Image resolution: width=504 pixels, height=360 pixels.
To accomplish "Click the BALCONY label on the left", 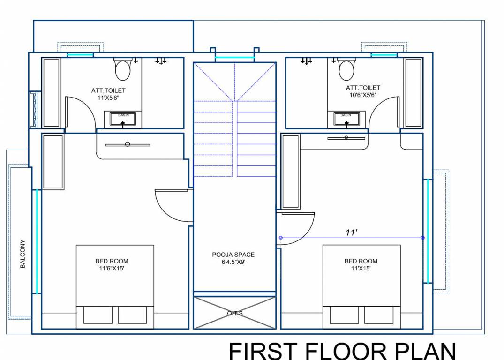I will point(23,254).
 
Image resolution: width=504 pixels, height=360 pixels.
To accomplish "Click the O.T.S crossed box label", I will point(235,313).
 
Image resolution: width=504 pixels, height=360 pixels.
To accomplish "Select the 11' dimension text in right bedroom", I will point(352,232).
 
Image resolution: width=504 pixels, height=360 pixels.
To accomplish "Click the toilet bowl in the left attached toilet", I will point(123,70).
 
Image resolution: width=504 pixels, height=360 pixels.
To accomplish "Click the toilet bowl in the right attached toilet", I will point(346,70).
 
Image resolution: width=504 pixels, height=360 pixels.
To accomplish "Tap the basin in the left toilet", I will point(123,119).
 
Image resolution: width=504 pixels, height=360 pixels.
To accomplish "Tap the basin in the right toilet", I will point(346,119).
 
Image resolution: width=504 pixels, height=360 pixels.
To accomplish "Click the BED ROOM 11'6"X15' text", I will point(112,264).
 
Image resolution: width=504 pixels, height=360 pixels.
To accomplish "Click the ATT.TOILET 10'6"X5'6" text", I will point(363,91).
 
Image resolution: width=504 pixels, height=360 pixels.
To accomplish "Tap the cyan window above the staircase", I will point(235,59).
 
